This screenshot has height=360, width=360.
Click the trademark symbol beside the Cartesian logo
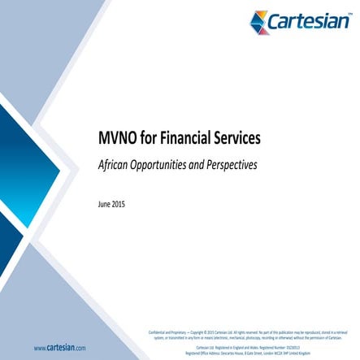pos(349,14)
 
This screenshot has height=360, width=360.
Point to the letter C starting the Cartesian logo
pos(280,22)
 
